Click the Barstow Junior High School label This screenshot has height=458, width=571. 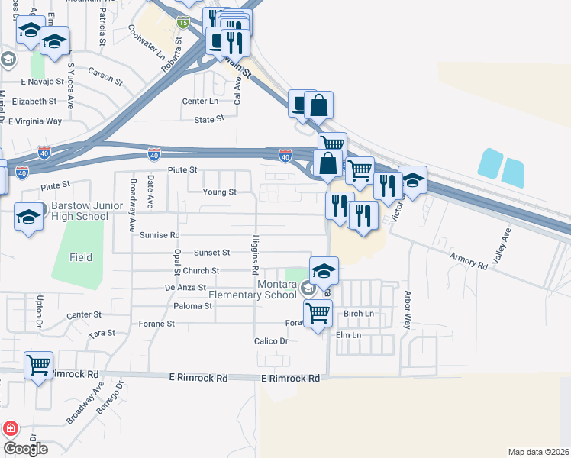(x=79, y=211)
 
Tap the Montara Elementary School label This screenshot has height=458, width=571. (x=253, y=290)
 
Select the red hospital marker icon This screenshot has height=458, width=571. (x=10, y=429)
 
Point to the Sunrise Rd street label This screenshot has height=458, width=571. (x=159, y=235)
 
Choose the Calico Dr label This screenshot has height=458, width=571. (x=271, y=341)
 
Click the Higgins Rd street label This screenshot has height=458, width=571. (x=255, y=256)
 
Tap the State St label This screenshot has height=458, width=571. (x=209, y=119)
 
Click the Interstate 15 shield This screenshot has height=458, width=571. (x=182, y=23)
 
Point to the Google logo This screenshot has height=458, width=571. (x=25, y=449)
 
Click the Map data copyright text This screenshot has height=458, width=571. (x=539, y=452)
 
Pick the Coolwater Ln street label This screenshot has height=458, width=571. (x=147, y=43)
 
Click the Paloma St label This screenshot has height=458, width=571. (x=192, y=306)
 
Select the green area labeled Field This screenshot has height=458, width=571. (x=80, y=258)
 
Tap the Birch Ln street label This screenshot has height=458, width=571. (x=359, y=314)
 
